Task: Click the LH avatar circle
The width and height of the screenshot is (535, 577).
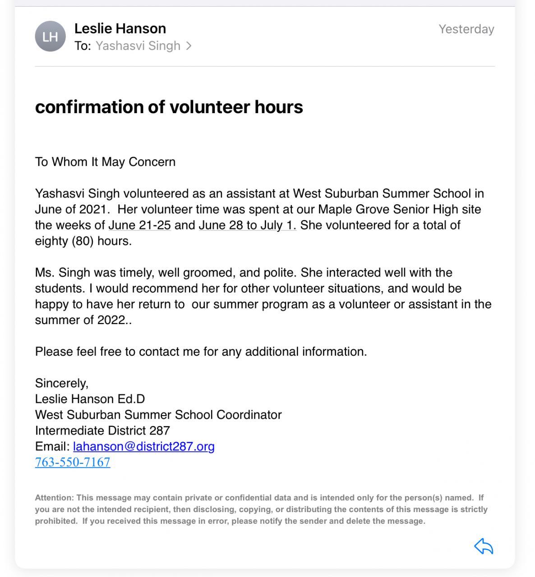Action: point(50,37)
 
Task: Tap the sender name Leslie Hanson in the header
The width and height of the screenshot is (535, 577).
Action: point(120,28)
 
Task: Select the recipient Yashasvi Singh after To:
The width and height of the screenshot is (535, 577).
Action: point(138,46)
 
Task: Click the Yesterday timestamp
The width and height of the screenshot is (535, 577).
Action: point(466,29)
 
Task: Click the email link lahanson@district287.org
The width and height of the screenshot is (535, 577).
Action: point(143,446)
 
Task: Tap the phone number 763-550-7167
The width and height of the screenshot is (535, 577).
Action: point(73,462)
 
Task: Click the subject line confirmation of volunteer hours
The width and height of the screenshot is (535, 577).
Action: point(169,107)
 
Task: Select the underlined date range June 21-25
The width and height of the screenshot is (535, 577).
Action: point(139,225)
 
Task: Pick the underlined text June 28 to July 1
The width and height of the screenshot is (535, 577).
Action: point(247,225)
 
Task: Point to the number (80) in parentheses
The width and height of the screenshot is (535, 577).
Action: point(83,241)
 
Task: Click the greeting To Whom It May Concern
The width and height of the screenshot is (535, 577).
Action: point(105,162)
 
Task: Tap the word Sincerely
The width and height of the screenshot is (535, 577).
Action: point(62,383)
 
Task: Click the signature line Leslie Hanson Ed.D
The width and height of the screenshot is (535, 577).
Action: point(90,399)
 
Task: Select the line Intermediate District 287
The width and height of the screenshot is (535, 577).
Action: point(102,430)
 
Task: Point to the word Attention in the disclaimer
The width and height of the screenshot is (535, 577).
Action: point(54,498)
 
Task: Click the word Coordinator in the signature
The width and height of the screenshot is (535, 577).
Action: point(249,415)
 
